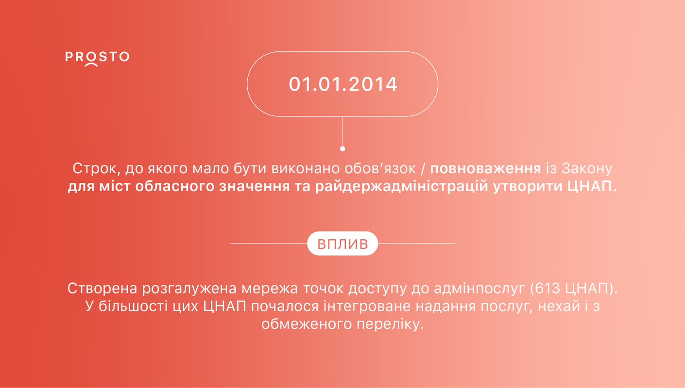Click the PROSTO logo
(x=97, y=59)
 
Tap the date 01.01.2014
(x=343, y=84)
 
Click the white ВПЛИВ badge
(x=342, y=243)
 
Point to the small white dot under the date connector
(x=342, y=149)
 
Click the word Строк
(x=98, y=168)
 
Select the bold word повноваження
(x=486, y=168)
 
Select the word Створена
(x=102, y=289)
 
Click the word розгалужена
(x=189, y=289)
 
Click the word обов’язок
(x=380, y=168)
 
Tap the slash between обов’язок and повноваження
(x=423, y=169)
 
